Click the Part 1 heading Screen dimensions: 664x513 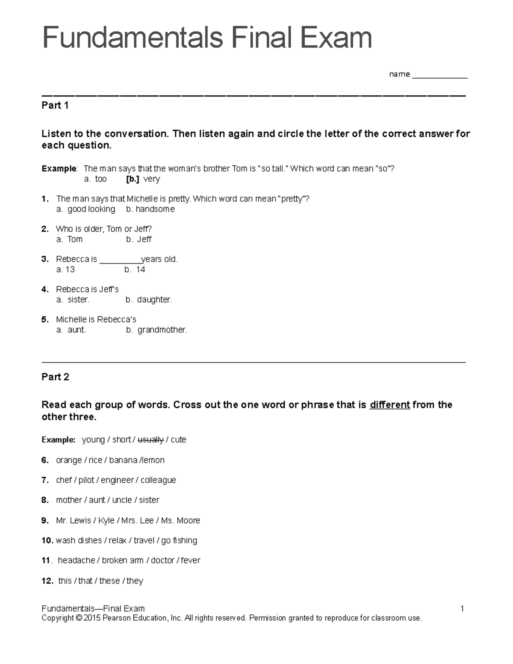point(55,106)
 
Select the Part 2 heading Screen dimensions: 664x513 point(55,377)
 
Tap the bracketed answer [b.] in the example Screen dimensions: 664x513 point(133,179)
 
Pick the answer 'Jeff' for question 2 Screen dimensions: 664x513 point(144,239)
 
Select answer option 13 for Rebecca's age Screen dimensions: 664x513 point(70,269)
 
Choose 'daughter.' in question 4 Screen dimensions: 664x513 point(154,300)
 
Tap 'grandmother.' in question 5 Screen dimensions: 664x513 point(162,330)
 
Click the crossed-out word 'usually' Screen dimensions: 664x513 point(151,440)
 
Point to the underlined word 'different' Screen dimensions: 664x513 point(389,405)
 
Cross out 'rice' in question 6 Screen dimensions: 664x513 point(95,460)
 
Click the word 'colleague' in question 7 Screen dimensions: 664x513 point(158,480)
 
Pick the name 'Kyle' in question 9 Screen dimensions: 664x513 point(106,520)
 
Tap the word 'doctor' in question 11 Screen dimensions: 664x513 point(162,560)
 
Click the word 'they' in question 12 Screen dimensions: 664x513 point(135,581)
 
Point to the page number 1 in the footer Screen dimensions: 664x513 point(462,608)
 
